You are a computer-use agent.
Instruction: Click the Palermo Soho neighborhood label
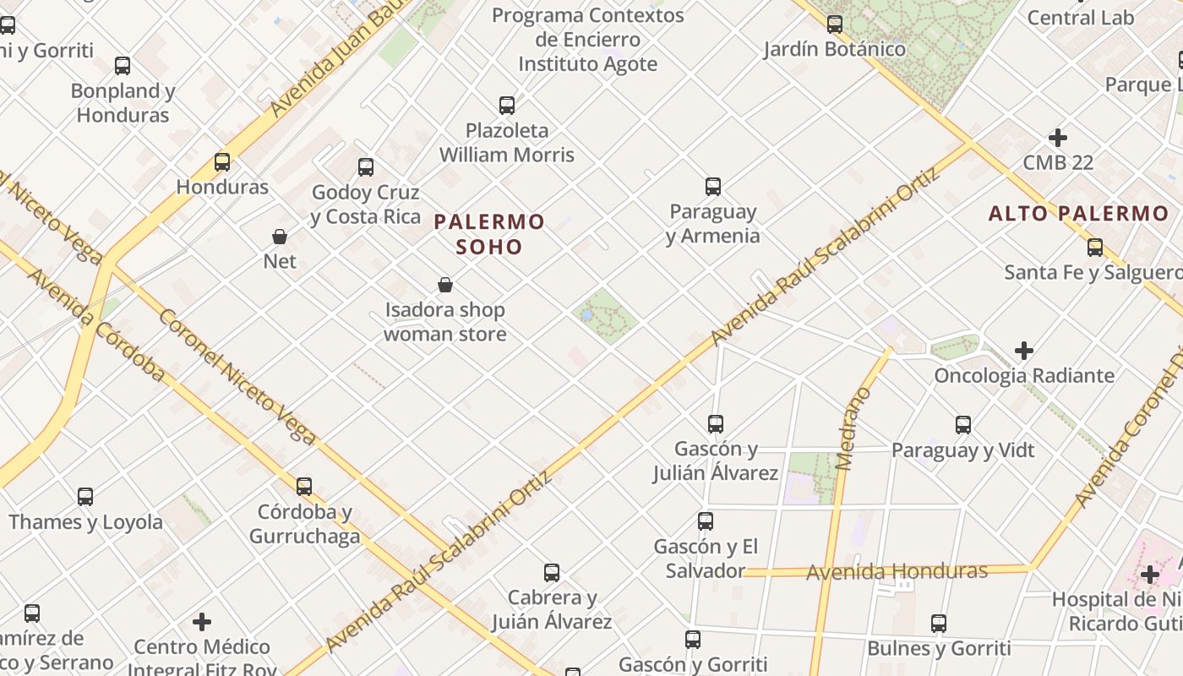pyautogui.click(x=489, y=234)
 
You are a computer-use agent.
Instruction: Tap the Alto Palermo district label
pyautogui.click(x=1078, y=213)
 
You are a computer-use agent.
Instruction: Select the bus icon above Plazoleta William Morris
pyautogui.click(x=507, y=106)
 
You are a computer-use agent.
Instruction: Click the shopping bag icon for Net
pyautogui.click(x=280, y=237)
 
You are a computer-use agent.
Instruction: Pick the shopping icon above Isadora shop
pyautogui.click(x=445, y=286)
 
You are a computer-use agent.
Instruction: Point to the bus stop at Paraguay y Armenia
pyautogui.click(x=713, y=187)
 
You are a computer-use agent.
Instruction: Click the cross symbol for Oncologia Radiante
pyautogui.click(x=1024, y=350)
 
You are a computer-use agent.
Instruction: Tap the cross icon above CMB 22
pyautogui.click(x=1057, y=138)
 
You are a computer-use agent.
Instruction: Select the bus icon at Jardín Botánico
pyautogui.click(x=835, y=25)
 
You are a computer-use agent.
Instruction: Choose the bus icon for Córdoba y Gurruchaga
pyautogui.click(x=304, y=487)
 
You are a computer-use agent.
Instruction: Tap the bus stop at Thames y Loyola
pyautogui.click(x=85, y=497)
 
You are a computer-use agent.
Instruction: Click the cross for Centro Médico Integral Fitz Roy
pyautogui.click(x=202, y=623)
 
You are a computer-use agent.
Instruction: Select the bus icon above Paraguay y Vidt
pyautogui.click(x=963, y=425)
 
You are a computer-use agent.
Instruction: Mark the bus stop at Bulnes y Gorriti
pyautogui.click(x=939, y=624)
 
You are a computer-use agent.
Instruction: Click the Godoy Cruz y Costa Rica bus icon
pyautogui.click(x=366, y=167)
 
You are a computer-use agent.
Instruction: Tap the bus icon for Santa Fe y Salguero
pyautogui.click(x=1095, y=248)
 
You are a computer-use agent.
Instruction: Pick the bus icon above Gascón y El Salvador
pyautogui.click(x=706, y=521)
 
